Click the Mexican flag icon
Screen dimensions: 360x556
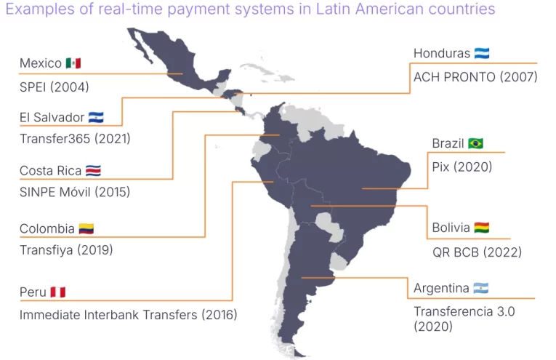point(73,63)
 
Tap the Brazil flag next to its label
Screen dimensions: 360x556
point(476,143)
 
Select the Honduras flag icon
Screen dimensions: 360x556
point(482,53)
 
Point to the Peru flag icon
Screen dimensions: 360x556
point(58,292)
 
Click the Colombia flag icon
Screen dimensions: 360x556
point(86,228)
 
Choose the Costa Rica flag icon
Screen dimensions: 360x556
point(93,171)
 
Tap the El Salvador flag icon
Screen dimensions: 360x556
point(96,117)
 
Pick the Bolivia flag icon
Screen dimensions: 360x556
point(481,228)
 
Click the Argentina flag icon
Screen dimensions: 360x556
point(480,289)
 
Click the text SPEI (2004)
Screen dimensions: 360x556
point(55,87)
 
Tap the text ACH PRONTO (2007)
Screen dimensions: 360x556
point(475,76)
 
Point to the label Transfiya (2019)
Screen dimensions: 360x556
point(66,249)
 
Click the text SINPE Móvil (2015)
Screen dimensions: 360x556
point(75,193)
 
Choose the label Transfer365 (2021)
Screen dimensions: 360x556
point(75,138)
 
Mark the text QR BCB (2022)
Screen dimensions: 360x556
point(477,252)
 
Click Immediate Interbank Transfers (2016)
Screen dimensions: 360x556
point(128,315)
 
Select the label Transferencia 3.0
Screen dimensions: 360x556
point(464,311)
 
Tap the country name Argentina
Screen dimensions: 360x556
point(441,289)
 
